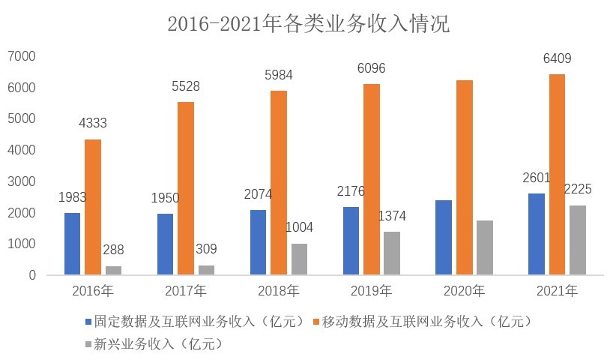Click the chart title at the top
[x=308, y=24]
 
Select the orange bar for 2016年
[x=93, y=207]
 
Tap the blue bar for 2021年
[x=536, y=234]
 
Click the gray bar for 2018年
[x=300, y=259]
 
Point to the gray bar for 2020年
[x=485, y=247]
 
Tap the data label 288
[x=113, y=250]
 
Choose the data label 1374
[x=391, y=216]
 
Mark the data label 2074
[x=259, y=194]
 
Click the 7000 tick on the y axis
[x=21, y=56]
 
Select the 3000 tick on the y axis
[x=21, y=181]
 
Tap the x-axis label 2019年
[x=372, y=291]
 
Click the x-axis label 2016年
[x=93, y=291]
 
